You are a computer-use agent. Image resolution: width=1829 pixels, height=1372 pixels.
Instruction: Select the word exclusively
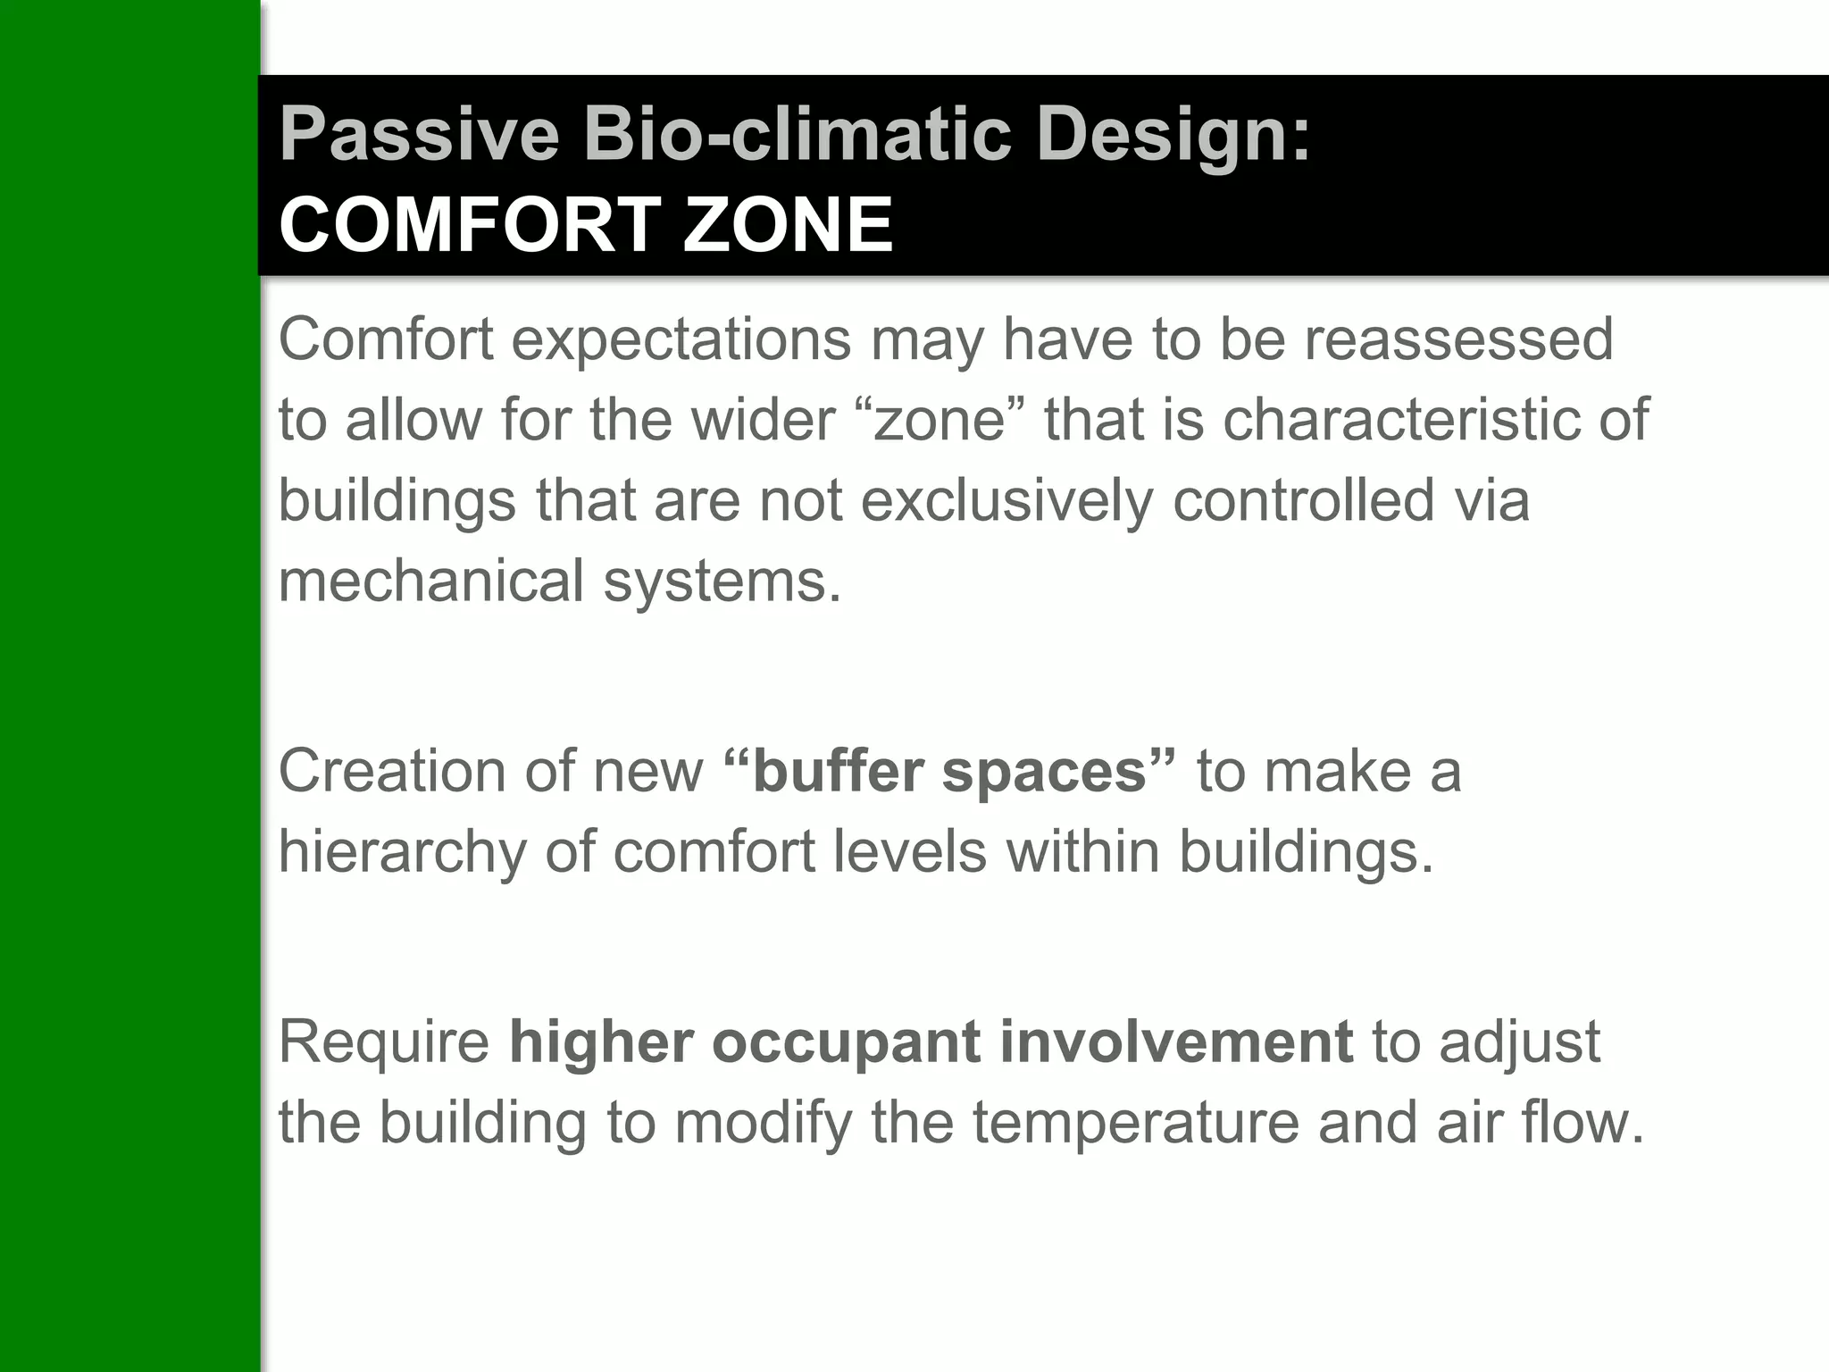[1006, 501]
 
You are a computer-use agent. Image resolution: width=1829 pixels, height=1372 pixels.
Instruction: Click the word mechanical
[430, 581]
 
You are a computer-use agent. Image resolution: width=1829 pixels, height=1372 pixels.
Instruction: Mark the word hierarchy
[402, 853]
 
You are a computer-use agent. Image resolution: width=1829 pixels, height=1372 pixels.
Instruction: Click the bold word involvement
[1176, 1042]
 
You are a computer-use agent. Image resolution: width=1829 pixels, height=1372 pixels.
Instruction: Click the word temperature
[1135, 1124]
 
